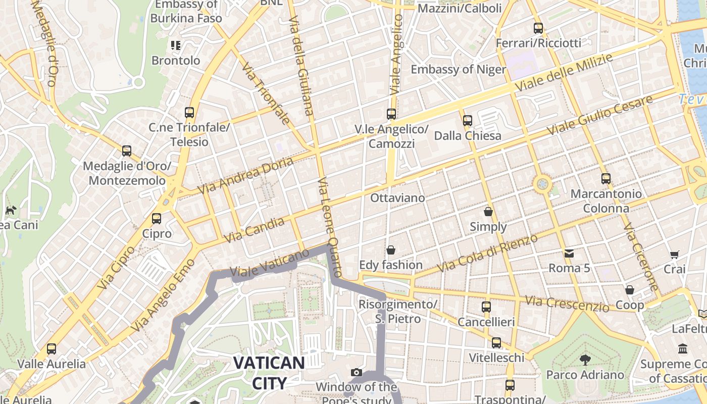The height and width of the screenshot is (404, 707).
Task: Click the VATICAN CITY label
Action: pyautogui.click(x=269, y=372)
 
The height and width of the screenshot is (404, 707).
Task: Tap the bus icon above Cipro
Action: pyautogui.click(x=157, y=218)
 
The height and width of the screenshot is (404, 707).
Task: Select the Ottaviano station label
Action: pyautogui.click(x=397, y=197)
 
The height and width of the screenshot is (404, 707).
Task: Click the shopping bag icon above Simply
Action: pyautogui.click(x=488, y=211)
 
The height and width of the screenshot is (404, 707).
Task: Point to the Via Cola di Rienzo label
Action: pyautogui.click(x=487, y=254)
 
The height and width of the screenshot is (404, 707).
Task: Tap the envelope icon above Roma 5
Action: pyautogui.click(x=569, y=253)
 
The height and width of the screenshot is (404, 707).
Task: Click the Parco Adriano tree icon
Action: pyautogui.click(x=585, y=360)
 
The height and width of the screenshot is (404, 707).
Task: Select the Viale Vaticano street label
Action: pyautogui.click(x=269, y=263)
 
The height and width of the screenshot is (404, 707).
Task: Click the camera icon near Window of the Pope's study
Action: pyautogui.click(x=357, y=373)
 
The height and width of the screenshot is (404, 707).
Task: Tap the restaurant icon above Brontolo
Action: pyautogui.click(x=176, y=45)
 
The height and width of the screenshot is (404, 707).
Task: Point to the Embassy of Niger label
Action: pyautogui.click(x=458, y=69)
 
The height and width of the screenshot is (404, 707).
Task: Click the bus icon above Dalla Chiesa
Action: pyautogui.click(x=468, y=121)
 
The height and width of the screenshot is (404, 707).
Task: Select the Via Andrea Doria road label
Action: pyautogui.click(x=245, y=176)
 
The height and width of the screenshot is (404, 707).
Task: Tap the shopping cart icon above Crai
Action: pyautogui.click(x=674, y=255)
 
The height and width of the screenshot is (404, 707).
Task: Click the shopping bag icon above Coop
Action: pyautogui.click(x=630, y=290)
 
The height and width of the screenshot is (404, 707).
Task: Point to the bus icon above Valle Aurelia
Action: pyautogui.click(x=52, y=348)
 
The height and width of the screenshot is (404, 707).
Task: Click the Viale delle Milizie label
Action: pyautogui.click(x=564, y=73)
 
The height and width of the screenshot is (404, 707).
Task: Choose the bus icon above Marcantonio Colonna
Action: pyautogui.click(x=606, y=178)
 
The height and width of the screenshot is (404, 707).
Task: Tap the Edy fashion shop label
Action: pyautogui.click(x=390, y=265)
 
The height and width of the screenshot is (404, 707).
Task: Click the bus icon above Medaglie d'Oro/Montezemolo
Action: pyautogui.click(x=127, y=150)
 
